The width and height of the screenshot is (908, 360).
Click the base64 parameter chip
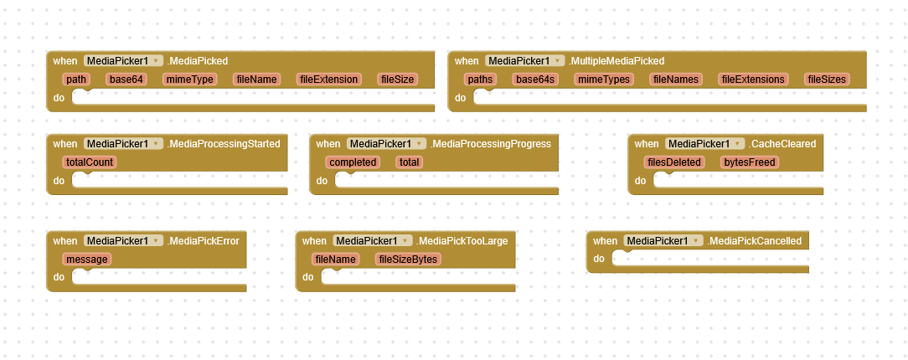click(126, 80)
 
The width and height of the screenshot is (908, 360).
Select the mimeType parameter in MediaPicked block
click(190, 80)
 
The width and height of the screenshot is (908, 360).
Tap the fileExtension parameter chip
click(329, 80)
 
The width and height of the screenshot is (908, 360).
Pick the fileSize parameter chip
click(398, 80)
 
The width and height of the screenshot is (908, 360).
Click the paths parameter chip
click(480, 80)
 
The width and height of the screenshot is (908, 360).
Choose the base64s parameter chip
click(535, 80)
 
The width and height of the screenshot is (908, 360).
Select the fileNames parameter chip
click(676, 80)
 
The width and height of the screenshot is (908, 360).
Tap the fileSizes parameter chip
click(827, 80)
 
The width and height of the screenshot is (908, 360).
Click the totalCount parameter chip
click(89, 162)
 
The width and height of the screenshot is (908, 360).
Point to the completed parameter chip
click(353, 162)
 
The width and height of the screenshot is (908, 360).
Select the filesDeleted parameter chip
click(674, 162)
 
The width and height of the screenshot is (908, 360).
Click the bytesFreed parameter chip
click(750, 162)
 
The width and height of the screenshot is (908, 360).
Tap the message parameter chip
click(87, 260)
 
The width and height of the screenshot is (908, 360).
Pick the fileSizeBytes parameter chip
click(408, 260)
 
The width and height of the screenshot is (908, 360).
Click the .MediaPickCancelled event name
click(755, 241)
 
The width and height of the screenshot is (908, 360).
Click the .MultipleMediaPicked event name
click(617, 61)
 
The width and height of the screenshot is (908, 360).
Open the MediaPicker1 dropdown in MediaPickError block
click(123, 241)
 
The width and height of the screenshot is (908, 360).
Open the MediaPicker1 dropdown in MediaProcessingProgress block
click(386, 143)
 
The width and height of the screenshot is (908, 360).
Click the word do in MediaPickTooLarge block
click(307, 277)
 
